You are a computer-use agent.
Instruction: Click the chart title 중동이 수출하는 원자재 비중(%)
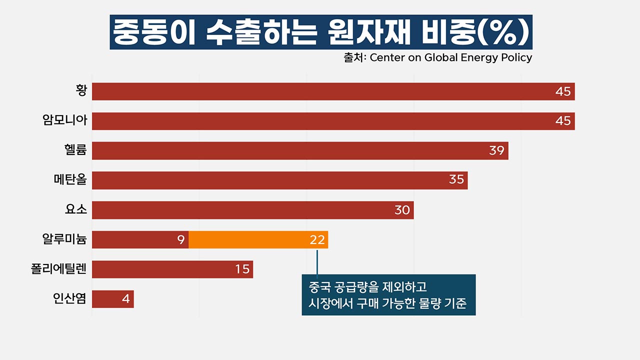(321, 32)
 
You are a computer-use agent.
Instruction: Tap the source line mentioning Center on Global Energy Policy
(437, 57)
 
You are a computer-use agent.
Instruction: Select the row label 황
(81, 91)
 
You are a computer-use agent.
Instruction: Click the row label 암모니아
(65, 120)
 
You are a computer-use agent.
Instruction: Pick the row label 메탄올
(70, 179)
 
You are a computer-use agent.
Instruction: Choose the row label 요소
(76, 209)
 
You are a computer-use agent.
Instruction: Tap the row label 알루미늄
(65, 239)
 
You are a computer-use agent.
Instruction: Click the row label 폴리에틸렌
(59, 269)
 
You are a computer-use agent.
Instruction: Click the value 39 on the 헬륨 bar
(496, 150)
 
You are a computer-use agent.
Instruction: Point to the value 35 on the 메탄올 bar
(456, 180)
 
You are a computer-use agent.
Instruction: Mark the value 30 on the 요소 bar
(402, 210)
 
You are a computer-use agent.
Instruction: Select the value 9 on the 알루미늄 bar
(180, 240)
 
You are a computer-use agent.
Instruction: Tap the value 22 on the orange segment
(317, 240)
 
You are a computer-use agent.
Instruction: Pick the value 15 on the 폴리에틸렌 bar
(242, 269)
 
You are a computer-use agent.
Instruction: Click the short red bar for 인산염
(112, 299)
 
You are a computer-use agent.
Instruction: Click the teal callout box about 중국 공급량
(388, 295)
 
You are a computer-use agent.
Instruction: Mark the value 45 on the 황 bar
(563, 91)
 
